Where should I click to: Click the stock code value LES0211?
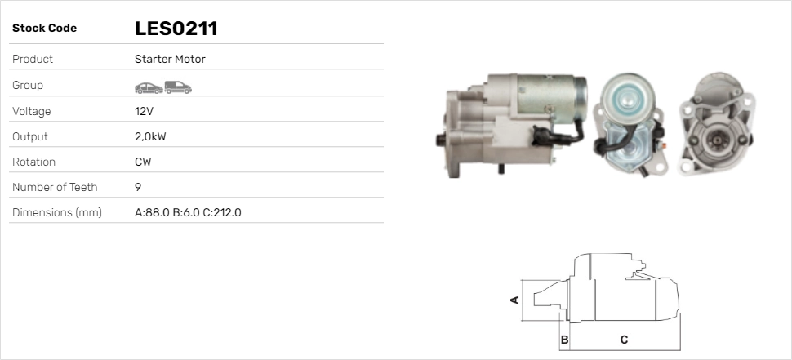176,29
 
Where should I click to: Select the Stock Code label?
44,29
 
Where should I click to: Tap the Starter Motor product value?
170,59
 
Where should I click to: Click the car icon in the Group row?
149,88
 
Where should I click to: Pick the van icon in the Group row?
178,87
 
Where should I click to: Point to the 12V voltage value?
144,111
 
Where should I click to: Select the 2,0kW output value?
150,137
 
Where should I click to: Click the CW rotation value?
143,162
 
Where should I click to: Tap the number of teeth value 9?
138,187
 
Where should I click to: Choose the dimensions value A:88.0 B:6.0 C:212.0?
188,212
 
